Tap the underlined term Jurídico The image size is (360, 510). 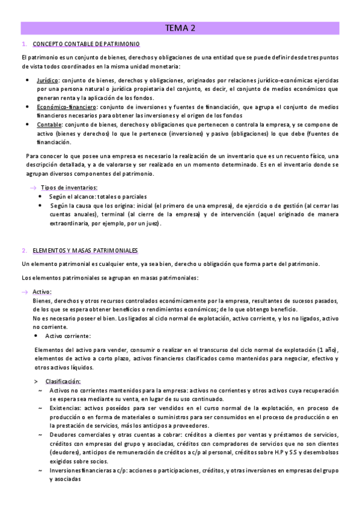tap(47, 80)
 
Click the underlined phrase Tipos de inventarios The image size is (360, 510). tap(67, 188)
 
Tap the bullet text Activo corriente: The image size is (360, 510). tap(69, 336)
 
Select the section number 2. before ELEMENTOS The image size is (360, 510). tap(23, 250)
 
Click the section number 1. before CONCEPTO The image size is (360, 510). tap(23, 45)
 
